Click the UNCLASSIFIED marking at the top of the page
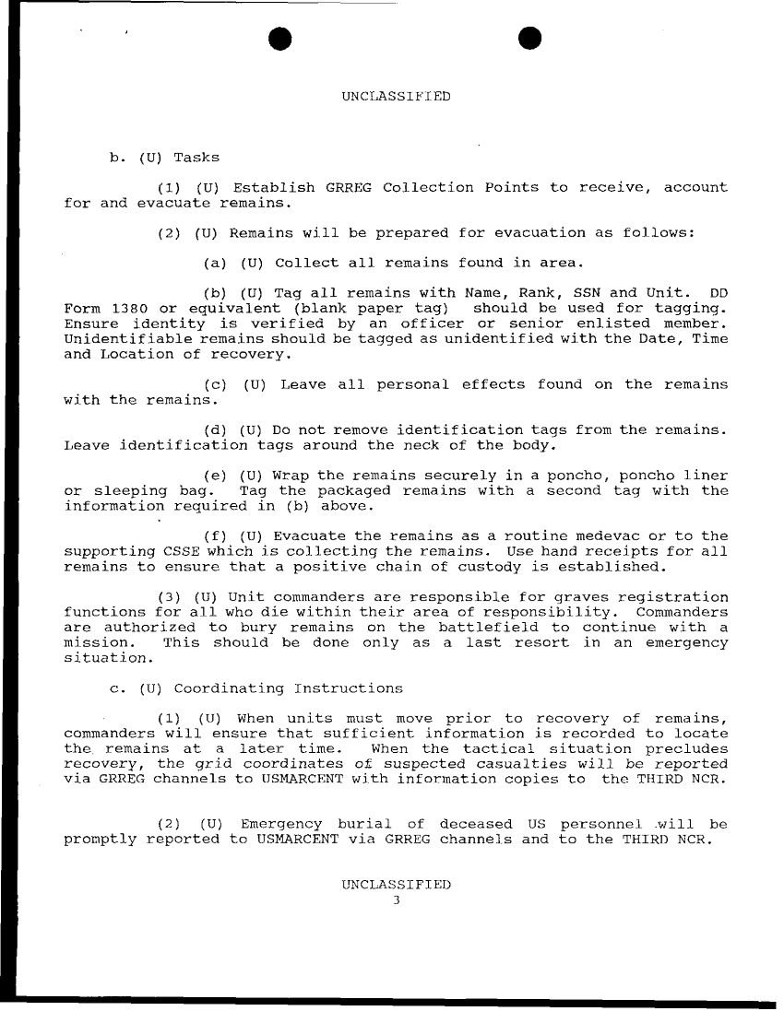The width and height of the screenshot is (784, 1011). point(396,96)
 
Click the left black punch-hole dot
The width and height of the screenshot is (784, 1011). point(279,37)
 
